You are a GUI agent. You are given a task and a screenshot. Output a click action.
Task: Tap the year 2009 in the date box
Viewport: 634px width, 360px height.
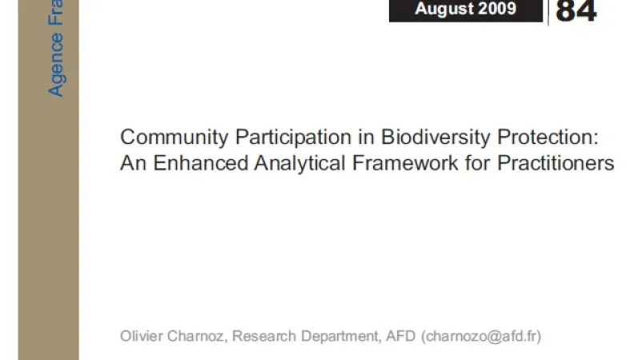[x=497, y=9]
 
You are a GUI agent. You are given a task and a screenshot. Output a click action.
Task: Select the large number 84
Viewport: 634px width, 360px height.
[x=576, y=11]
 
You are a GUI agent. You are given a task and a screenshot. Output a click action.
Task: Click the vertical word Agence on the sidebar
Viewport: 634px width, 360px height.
[x=56, y=65]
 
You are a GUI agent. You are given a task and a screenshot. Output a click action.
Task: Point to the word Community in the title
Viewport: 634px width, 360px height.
[x=175, y=138]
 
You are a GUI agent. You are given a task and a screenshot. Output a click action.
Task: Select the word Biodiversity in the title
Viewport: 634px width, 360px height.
[x=435, y=138]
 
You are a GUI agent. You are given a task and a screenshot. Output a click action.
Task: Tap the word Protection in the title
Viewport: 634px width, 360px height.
[x=548, y=137]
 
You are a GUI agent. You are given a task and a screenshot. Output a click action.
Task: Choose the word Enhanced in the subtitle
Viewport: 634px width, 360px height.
[x=201, y=163]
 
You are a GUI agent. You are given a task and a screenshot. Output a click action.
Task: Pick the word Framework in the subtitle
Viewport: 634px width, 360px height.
[x=405, y=163]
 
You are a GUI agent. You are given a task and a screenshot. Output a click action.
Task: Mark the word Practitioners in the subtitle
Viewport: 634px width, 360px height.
[x=556, y=163]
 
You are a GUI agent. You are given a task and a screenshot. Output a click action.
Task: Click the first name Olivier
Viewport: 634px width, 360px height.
[x=142, y=336]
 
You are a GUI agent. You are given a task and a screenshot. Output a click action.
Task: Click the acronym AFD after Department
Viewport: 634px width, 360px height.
[x=401, y=336]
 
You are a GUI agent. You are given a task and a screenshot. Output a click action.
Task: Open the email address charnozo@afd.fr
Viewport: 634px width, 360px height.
[x=481, y=337]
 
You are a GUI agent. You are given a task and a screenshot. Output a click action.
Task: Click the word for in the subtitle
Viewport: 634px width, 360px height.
[x=478, y=163]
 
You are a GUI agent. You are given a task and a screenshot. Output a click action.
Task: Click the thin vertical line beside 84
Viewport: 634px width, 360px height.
[x=548, y=13]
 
